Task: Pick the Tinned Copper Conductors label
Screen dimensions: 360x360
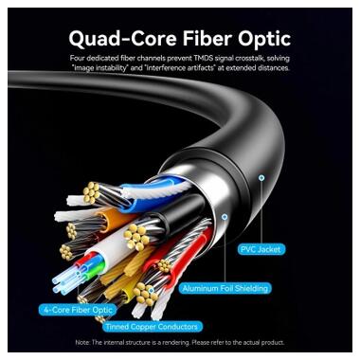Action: pos(145,327)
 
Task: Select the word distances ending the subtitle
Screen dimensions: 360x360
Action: pos(273,68)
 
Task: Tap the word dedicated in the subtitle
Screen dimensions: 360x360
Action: pos(107,58)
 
